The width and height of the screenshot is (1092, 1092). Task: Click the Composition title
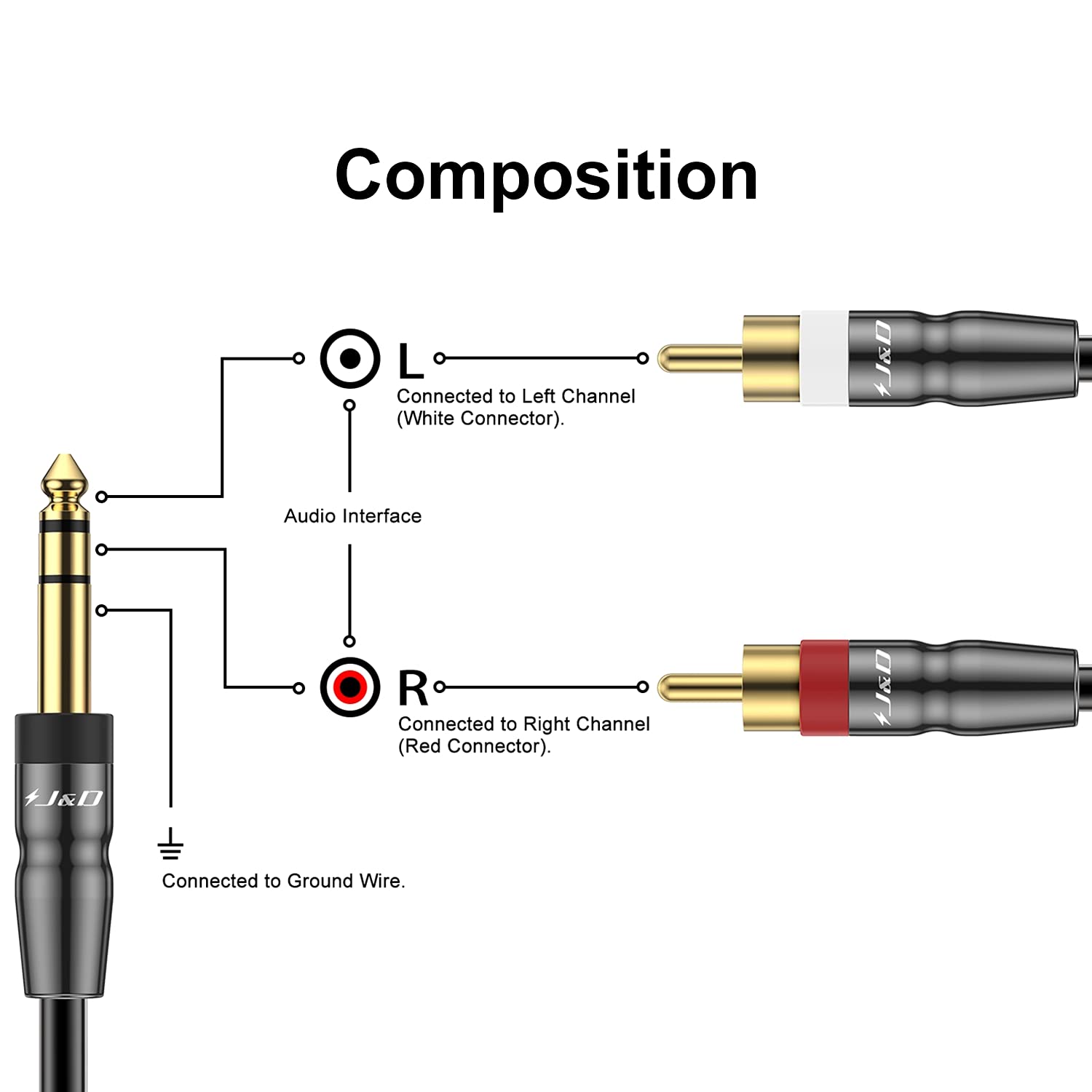[546, 175]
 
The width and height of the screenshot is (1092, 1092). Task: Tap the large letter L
[411, 361]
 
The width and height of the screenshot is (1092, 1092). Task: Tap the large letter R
[413, 689]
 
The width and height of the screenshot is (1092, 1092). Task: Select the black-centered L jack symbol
[350, 359]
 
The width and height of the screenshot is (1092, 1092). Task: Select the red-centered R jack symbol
[350, 687]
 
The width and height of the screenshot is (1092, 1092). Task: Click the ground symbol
[170, 844]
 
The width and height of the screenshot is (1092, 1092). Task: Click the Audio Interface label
[352, 516]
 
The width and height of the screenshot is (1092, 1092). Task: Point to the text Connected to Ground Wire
[283, 881]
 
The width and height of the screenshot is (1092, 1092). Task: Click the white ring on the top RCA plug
[824, 358]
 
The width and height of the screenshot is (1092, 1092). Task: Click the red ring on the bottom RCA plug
[824, 687]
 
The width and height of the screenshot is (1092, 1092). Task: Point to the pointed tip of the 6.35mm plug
[65, 456]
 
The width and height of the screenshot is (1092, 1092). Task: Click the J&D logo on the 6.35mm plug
[63, 798]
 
